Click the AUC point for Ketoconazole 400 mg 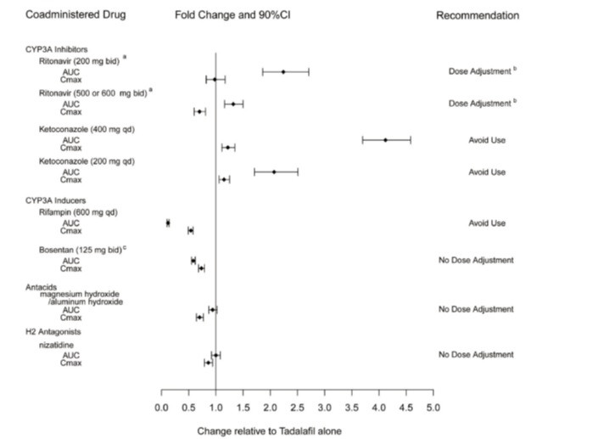point(385,139)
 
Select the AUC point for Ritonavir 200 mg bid point(283,72)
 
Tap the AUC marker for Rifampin point(168,222)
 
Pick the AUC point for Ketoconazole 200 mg point(274,172)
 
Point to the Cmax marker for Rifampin point(190,230)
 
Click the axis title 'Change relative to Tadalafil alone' point(269,431)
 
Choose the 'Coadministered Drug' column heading point(68,15)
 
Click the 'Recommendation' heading point(477,15)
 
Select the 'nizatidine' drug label point(58,346)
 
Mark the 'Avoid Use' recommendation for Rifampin point(487,223)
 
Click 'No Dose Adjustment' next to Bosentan point(475,260)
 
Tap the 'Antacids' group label point(42,287)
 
